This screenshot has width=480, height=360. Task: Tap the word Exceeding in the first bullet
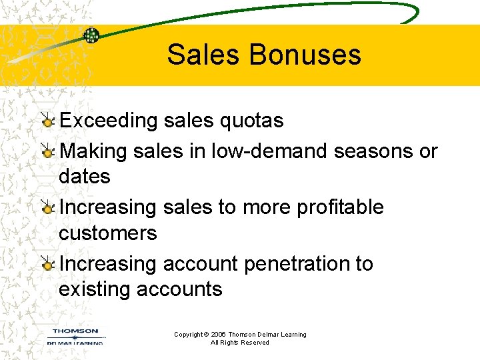[108, 121]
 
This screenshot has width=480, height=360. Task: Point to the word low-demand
[269, 151]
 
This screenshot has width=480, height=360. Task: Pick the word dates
[85, 177]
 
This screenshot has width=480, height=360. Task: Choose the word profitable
[339, 207]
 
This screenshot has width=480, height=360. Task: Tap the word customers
[108, 233]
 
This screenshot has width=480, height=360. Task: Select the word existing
[95, 289]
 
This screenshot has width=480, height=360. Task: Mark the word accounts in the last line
[179, 289]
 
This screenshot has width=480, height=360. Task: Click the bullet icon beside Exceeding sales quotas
[47, 121]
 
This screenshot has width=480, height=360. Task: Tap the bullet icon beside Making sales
[47, 152]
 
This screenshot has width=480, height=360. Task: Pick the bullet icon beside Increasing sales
[47, 208]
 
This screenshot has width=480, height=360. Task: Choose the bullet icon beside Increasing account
[47, 265]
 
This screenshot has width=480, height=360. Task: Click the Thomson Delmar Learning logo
[75, 336]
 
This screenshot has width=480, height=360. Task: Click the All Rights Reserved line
[240, 343]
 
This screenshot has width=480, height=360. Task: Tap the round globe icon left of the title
[91, 35]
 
